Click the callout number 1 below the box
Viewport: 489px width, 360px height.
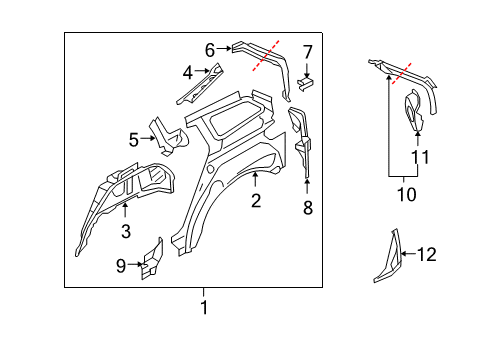pos(204,307)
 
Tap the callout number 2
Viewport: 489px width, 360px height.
pos(256,201)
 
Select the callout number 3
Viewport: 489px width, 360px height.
pos(126,231)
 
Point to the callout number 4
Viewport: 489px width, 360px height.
pos(188,72)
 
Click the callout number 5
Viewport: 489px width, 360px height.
pos(134,140)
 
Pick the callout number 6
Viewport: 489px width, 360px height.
pos(210,50)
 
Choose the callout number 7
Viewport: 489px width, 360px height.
pos(308,52)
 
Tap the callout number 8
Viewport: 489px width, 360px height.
pos(308,207)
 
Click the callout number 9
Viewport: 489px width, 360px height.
pos(121,266)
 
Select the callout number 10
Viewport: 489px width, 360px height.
pos(407,194)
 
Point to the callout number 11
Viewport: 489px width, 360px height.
pos(420,157)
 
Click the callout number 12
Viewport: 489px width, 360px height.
pos(427,254)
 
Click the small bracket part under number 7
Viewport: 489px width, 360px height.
pos(306,83)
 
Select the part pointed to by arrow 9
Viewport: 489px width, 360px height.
pos(153,259)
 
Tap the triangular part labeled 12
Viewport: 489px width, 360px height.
pos(388,257)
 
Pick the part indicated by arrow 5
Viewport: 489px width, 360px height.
pos(168,138)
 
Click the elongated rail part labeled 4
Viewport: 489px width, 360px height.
pos(200,85)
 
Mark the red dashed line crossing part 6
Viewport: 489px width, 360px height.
pos(266,56)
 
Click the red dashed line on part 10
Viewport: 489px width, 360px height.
pos(402,73)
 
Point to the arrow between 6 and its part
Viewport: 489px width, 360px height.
pos(224,49)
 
